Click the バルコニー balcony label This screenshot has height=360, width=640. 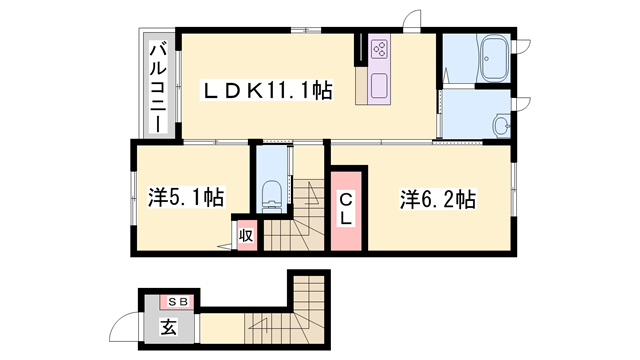pos(158,85)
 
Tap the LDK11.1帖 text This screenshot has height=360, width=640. pos(267,90)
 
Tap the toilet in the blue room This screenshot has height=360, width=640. pos(269,194)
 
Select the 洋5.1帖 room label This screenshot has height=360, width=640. pos(185,198)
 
